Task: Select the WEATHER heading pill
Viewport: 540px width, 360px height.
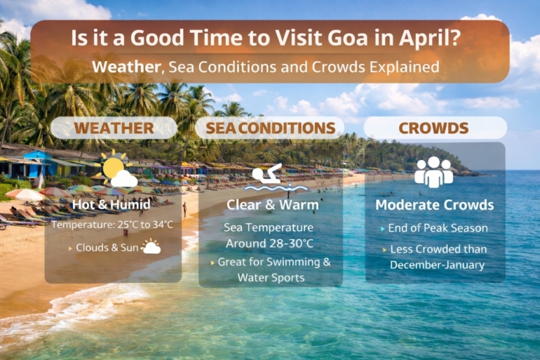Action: [x=114, y=128]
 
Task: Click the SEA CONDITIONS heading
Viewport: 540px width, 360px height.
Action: [x=270, y=128]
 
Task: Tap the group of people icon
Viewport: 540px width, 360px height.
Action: [x=433, y=171]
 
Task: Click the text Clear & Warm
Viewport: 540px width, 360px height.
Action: [x=270, y=205]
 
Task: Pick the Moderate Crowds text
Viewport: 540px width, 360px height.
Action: [x=434, y=205]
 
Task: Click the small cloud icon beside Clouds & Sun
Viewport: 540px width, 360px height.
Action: [x=151, y=247]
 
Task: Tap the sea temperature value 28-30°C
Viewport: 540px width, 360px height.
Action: [x=289, y=243]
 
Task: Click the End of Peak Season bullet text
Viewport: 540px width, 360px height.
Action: [x=438, y=227]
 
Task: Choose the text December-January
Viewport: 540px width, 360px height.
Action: [x=438, y=265]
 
